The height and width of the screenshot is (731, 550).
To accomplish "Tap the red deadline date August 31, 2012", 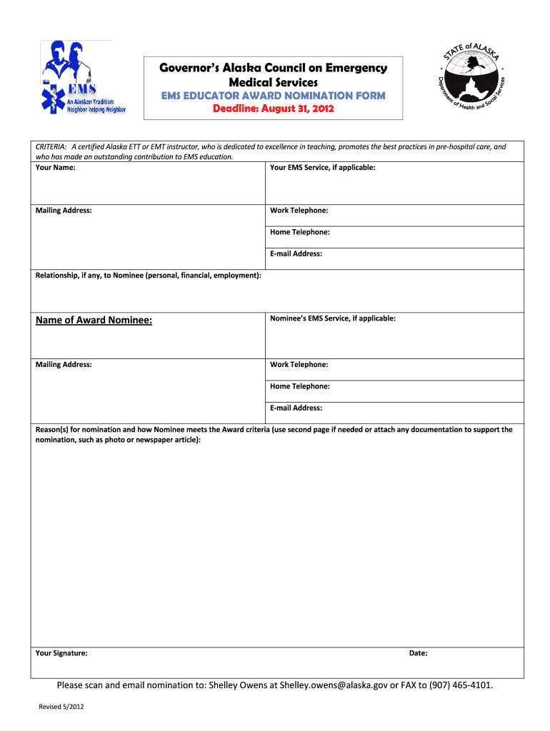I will pyautogui.click(x=274, y=109).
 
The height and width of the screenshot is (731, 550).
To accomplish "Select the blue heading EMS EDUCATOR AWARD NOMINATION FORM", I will pyautogui.click(x=274, y=96).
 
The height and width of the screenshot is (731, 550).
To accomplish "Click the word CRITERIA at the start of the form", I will pyautogui.click(x=51, y=147).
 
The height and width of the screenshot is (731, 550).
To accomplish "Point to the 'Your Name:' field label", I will pyautogui.click(x=56, y=167).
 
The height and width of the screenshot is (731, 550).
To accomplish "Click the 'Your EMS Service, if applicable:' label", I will pyautogui.click(x=322, y=167).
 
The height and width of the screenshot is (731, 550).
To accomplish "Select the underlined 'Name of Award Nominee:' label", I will pyautogui.click(x=94, y=321).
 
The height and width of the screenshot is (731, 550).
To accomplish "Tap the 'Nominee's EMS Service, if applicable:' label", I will pyautogui.click(x=332, y=318).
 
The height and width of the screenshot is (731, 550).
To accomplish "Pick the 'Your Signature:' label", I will pyautogui.click(x=61, y=653).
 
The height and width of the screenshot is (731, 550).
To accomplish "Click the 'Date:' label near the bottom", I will pyautogui.click(x=418, y=653).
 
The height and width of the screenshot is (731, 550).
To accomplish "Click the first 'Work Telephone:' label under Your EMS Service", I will pyautogui.click(x=299, y=211).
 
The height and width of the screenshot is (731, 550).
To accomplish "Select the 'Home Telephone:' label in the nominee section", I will pyautogui.click(x=299, y=386).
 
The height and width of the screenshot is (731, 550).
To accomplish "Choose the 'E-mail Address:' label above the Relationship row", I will pyautogui.click(x=296, y=253).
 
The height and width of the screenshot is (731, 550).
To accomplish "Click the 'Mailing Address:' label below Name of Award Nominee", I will pyautogui.click(x=64, y=365).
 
